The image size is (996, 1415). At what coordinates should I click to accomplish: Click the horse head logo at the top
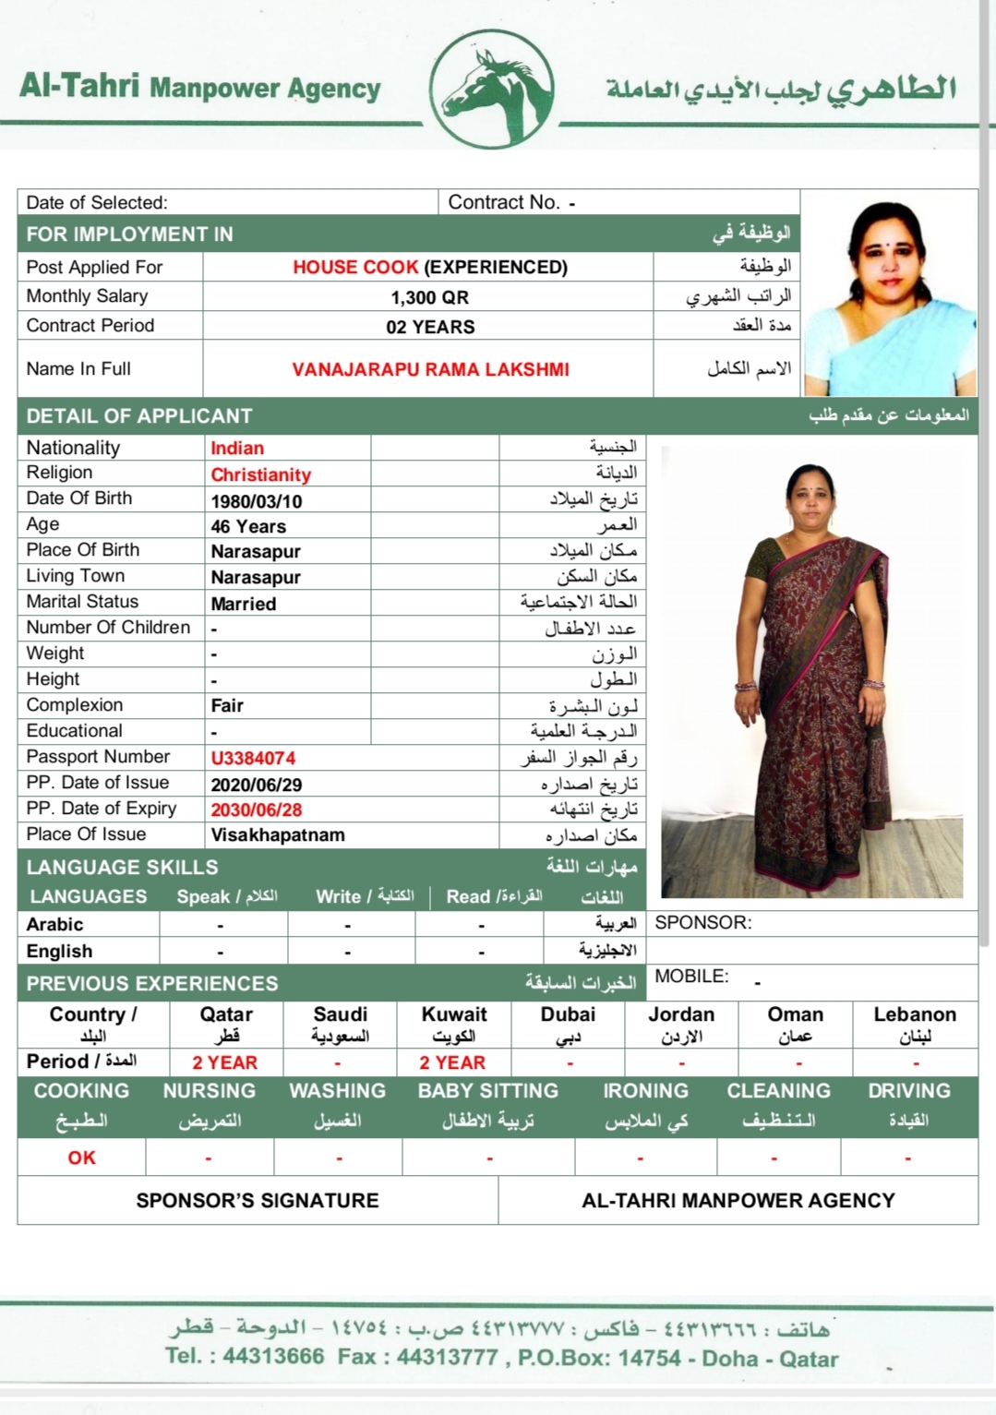[x=492, y=89]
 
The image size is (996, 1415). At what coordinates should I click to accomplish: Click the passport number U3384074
[x=253, y=758]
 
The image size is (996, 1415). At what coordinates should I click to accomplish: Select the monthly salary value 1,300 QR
[x=429, y=297]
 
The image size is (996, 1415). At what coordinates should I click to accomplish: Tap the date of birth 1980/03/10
[x=257, y=501]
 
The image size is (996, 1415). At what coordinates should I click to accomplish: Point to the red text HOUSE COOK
[x=355, y=267]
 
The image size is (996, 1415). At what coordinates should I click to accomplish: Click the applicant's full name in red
[x=430, y=369]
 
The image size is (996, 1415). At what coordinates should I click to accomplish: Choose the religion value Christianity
[x=260, y=474]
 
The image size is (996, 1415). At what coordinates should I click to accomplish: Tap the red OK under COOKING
[x=81, y=1157]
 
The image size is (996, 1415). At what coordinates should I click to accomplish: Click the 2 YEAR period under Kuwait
[x=452, y=1062]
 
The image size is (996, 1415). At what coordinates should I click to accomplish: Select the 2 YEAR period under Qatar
[x=225, y=1062]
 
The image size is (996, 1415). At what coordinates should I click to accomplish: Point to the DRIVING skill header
[x=908, y=1090]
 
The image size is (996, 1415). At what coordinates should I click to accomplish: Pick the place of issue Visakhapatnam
[x=278, y=834]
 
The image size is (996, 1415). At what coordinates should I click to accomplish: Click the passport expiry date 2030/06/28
[x=257, y=809]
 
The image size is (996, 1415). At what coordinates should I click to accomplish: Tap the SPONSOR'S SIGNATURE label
[x=258, y=1200]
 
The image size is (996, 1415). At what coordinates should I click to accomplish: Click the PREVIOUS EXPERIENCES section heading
[x=152, y=983]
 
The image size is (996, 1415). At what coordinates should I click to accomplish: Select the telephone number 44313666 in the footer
[x=273, y=1356]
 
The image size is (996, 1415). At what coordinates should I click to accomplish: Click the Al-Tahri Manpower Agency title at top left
[x=200, y=87]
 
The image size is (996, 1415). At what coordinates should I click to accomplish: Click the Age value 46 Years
[x=248, y=526]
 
